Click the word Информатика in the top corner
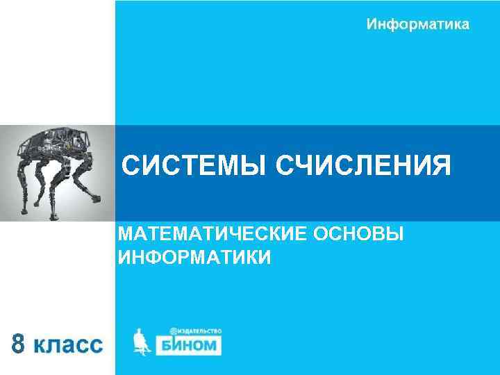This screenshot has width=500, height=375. tap(417, 24)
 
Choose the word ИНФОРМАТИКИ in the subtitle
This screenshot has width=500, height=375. tap(195, 258)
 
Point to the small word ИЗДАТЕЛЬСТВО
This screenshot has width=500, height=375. tap(200, 331)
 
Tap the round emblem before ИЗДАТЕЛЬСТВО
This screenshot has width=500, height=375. tap(172, 331)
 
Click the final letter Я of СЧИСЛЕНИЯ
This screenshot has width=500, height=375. tap(441, 167)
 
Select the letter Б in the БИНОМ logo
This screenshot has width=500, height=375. tap(172, 345)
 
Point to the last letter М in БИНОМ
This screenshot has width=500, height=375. tap(212, 345)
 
